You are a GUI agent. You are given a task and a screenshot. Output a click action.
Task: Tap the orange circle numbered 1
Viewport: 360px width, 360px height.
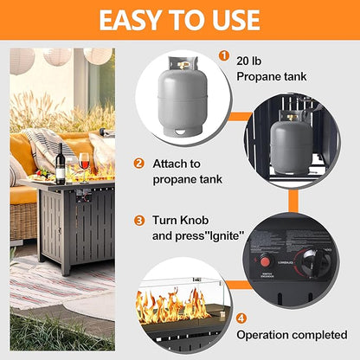tap(224, 57)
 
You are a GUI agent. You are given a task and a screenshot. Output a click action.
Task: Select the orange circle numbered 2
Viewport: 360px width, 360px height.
tap(138, 163)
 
